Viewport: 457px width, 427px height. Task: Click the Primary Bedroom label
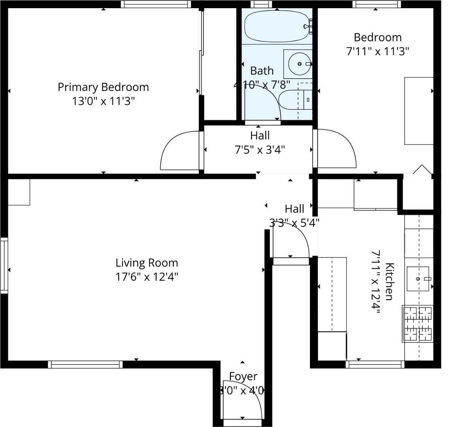tap(103, 87)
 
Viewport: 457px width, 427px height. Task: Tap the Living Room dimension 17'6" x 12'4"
tap(147, 277)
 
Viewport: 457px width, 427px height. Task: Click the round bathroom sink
tap(299, 64)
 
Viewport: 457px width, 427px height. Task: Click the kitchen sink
tap(418, 279)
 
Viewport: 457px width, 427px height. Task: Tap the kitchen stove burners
tap(418, 323)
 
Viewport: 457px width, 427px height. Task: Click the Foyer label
tap(243, 376)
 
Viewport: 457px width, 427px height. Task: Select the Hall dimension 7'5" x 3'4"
tap(260, 149)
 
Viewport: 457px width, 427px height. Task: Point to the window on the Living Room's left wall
tap(4, 266)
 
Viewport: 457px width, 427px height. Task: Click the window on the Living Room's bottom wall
tap(85, 364)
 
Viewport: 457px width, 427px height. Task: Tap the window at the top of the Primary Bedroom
tap(156, 4)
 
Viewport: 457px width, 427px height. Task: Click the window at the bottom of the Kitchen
tap(375, 364)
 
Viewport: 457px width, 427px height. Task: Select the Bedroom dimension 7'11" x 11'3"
tap(377, 51)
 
